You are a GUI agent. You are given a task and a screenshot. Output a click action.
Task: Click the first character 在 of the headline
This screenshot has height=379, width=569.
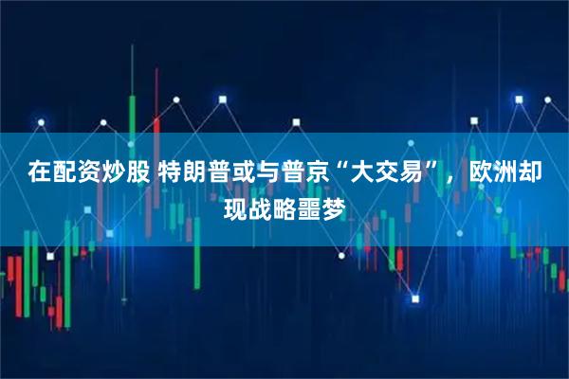click(x=39, y=173)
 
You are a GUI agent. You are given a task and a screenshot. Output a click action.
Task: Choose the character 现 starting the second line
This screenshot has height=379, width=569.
click(x=233, y=204)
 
